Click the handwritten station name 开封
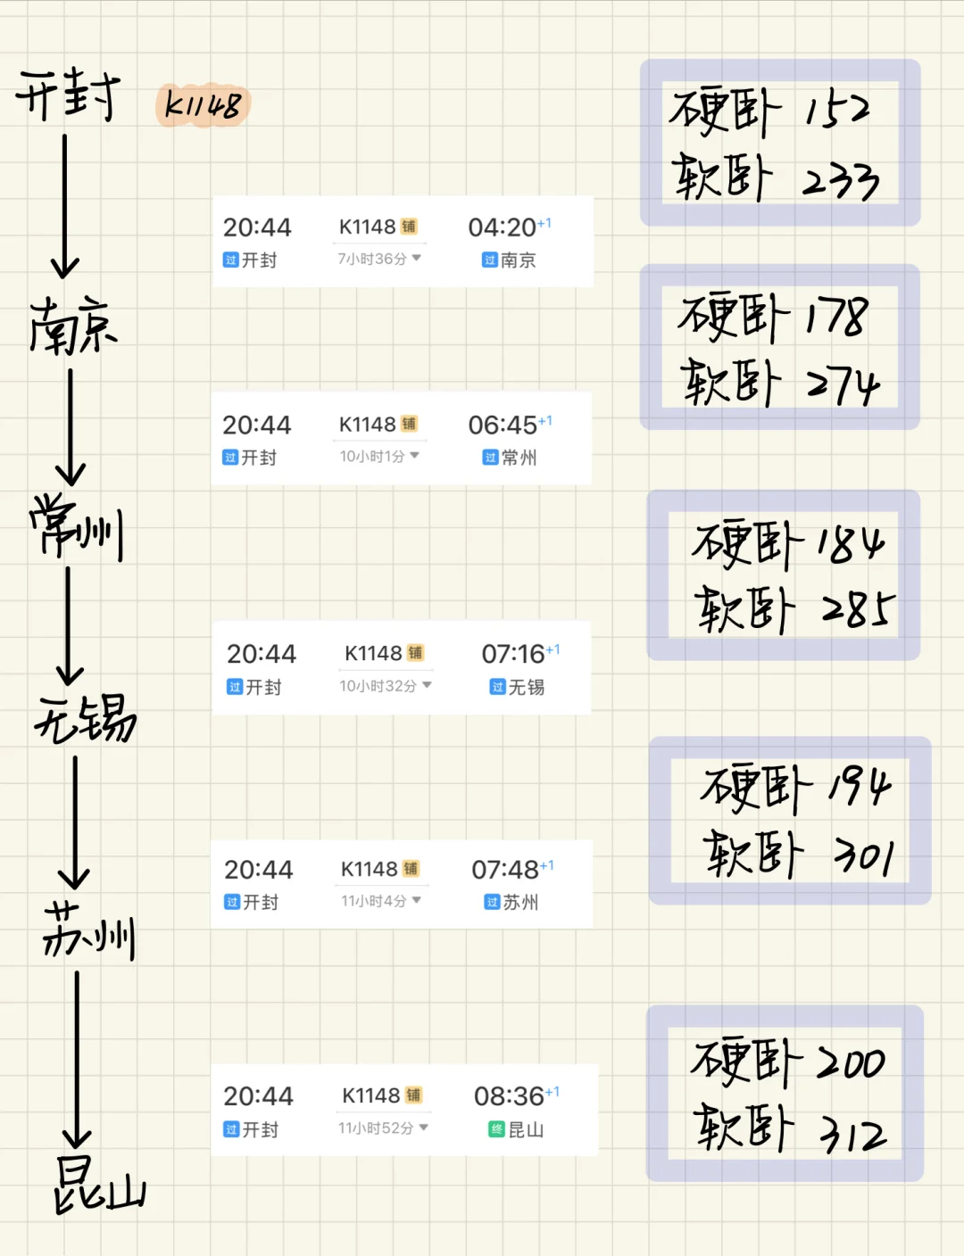pos(68,95)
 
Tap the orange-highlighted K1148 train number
pos(204,105)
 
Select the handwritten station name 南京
pos(73,326)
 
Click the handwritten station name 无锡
pos(86,719)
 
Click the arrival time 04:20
pos(502,227)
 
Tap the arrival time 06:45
pos(503,425)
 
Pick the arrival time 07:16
pos(513,654)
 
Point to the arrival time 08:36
pos(509,1096)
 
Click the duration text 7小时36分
pos(372,259)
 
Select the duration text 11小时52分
pos(376,1128)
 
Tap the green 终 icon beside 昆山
pos(496,1130)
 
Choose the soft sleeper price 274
pos(843,384)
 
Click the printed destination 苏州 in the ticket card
pos(521,903)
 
